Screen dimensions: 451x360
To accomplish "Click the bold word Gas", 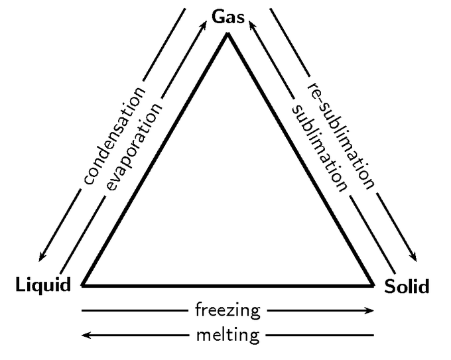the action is tap(228, 17).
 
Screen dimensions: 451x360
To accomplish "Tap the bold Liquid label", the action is tap(43, 284).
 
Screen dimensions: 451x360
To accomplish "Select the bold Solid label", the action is tap(407, 286).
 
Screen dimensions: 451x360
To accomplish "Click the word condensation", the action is tap(115, 135).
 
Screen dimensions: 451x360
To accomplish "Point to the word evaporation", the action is tap(134, 147).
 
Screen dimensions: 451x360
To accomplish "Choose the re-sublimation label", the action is tap(341, 136).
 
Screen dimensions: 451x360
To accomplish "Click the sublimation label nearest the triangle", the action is tap(319, 148).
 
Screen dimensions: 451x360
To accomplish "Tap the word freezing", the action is tap(227, 311).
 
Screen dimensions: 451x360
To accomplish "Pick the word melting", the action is tap(227, 335).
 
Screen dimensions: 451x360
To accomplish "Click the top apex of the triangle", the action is tap(227, 34).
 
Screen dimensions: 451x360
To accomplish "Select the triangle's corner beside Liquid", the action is tap(82, 286).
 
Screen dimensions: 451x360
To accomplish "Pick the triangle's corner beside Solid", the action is tap(373, 286).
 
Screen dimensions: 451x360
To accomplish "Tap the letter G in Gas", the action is tap(218, 17).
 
